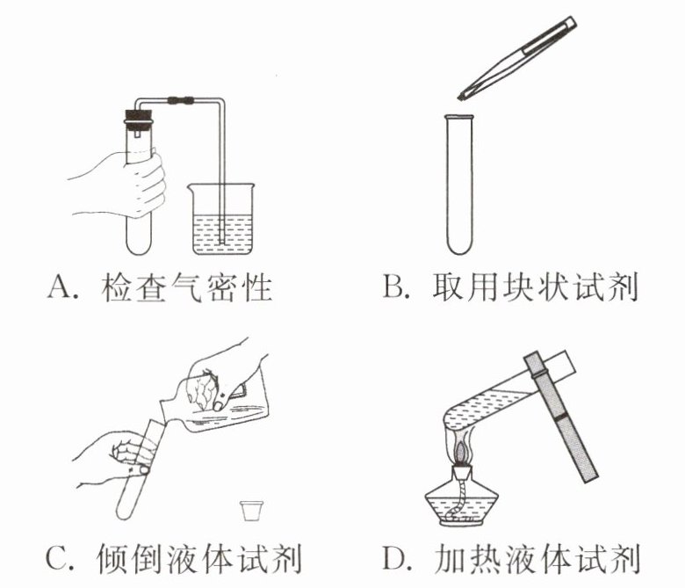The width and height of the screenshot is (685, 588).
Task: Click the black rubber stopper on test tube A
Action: (x=139, y=118)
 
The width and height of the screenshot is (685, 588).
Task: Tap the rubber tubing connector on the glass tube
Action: (x=180, y=100)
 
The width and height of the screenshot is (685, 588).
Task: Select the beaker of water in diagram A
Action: (x=221, y=219)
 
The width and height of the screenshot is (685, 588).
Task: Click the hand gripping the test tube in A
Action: (x=126, y=184)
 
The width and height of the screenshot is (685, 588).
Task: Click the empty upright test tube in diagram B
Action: (x=459, y=184)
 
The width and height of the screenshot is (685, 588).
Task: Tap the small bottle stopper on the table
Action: (x=252, y=511)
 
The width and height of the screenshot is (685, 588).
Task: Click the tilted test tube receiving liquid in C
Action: (x=141, y=468)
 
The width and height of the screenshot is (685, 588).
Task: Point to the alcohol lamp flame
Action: (x=463, y=449)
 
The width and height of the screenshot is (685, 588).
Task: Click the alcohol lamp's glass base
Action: (x=462, y=503)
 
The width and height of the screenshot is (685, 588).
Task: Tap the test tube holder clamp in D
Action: (x=560, y=417)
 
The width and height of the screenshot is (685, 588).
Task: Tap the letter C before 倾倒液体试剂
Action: (x=57, y=558)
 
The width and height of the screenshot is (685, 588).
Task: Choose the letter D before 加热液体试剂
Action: (x=395, y=557)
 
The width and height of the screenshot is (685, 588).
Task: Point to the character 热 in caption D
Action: (x=487, y=558)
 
